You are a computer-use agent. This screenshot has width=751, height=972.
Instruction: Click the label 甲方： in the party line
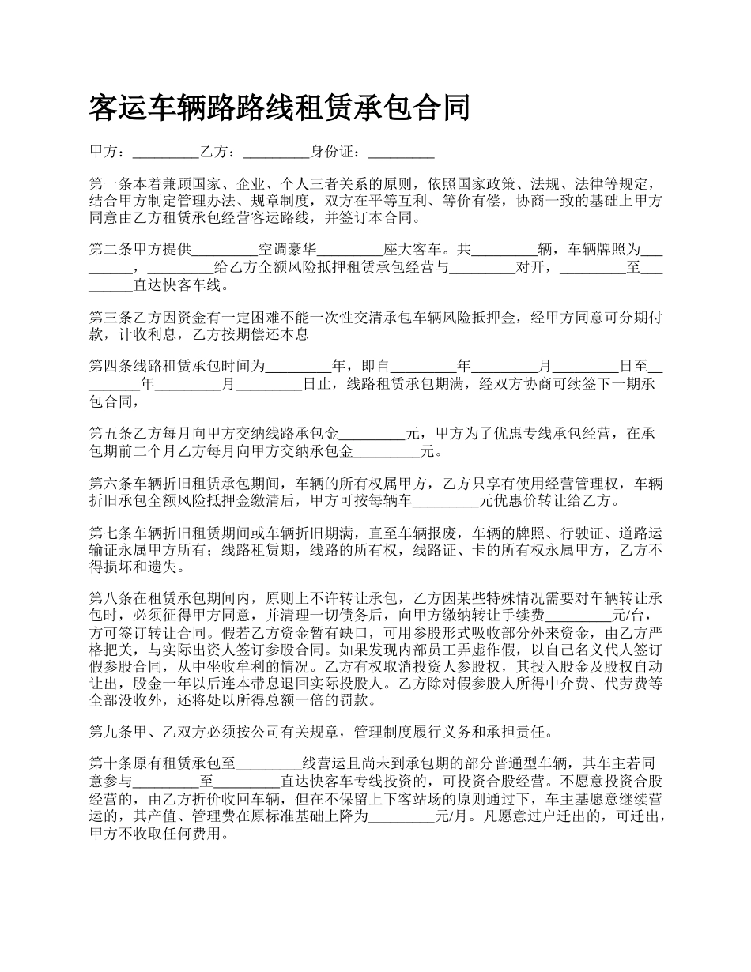[x=110, y=152]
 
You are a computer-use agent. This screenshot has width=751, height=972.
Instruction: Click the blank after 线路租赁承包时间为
[x=297, y=366]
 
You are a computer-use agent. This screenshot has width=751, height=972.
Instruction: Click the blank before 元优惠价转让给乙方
[x=447, y=500]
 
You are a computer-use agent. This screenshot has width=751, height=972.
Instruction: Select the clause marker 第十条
[x=110, y=764]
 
